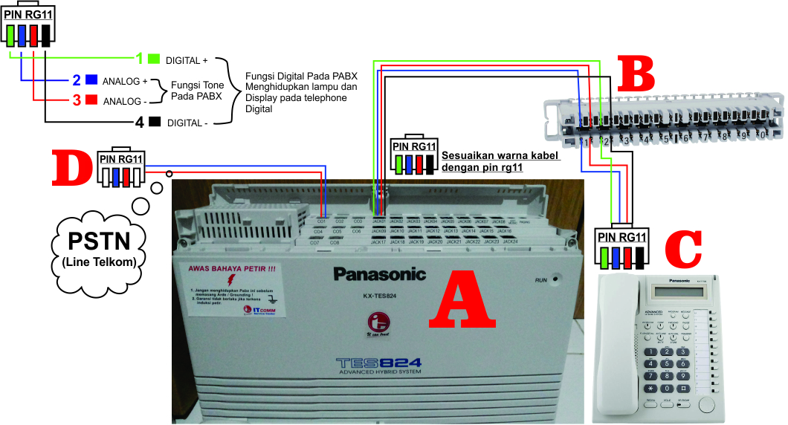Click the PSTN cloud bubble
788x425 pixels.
pos(99,249)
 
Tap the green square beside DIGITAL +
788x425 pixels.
pos(154,58)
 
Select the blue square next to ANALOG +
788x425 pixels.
pos(92,80)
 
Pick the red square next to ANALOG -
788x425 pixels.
pos(92,100)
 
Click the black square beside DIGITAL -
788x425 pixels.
pos(155,122)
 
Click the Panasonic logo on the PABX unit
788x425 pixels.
pos(379,274)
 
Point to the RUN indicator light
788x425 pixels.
pos(555,280)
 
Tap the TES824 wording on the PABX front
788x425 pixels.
pos(378,363)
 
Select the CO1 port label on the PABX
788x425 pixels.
pos(322,222)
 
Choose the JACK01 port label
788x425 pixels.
pos(378,221)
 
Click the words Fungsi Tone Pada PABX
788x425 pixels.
pos(196,91)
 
